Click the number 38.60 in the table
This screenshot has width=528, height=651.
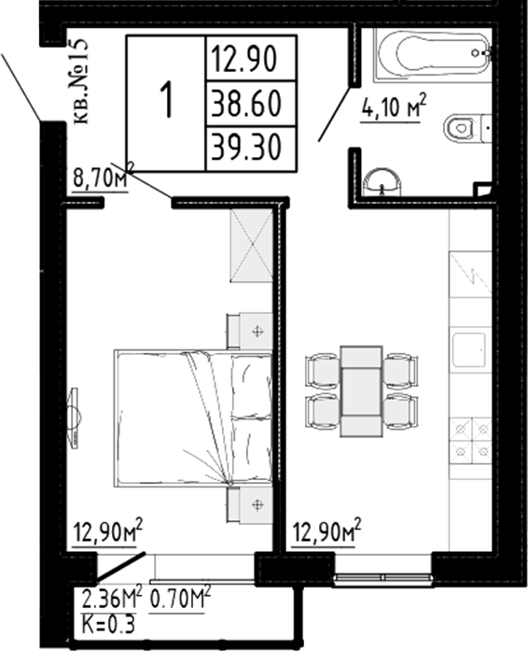(250, 102)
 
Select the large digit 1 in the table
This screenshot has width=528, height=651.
(167, 101)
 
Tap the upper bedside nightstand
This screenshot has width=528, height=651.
(251, 330)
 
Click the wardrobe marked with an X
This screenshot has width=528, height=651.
(251, 246)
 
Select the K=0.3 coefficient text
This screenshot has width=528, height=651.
(105, 624)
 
